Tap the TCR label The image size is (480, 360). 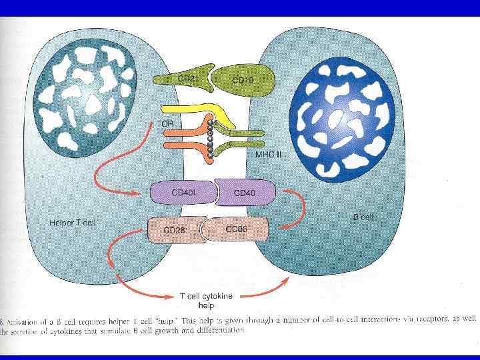(x=165, y=123)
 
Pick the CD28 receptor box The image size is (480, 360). (x=175, y=229)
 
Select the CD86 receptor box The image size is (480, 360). (x=237, y=229)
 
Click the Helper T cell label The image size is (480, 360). (x=72, y=222)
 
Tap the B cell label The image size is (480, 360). (x=363, y=217)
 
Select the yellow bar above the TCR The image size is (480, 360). (x=193, y=110)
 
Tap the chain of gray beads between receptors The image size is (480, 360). (x=211, y=139)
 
